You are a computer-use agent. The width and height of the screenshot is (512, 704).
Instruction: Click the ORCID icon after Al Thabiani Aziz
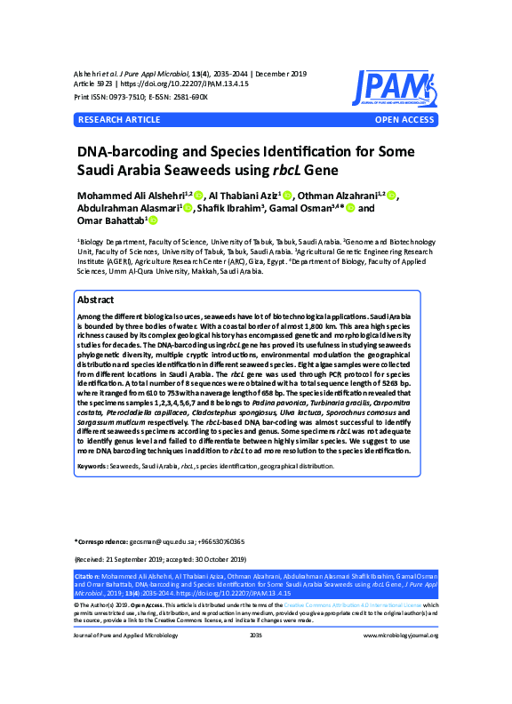(x=288, y=196)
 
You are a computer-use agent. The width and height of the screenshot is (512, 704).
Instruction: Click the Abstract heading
(x=96, y=300)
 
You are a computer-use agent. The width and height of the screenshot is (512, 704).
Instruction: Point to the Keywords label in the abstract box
(x=97, y=466)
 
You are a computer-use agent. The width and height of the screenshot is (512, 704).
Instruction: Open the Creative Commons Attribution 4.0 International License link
(x=350, y=604)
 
